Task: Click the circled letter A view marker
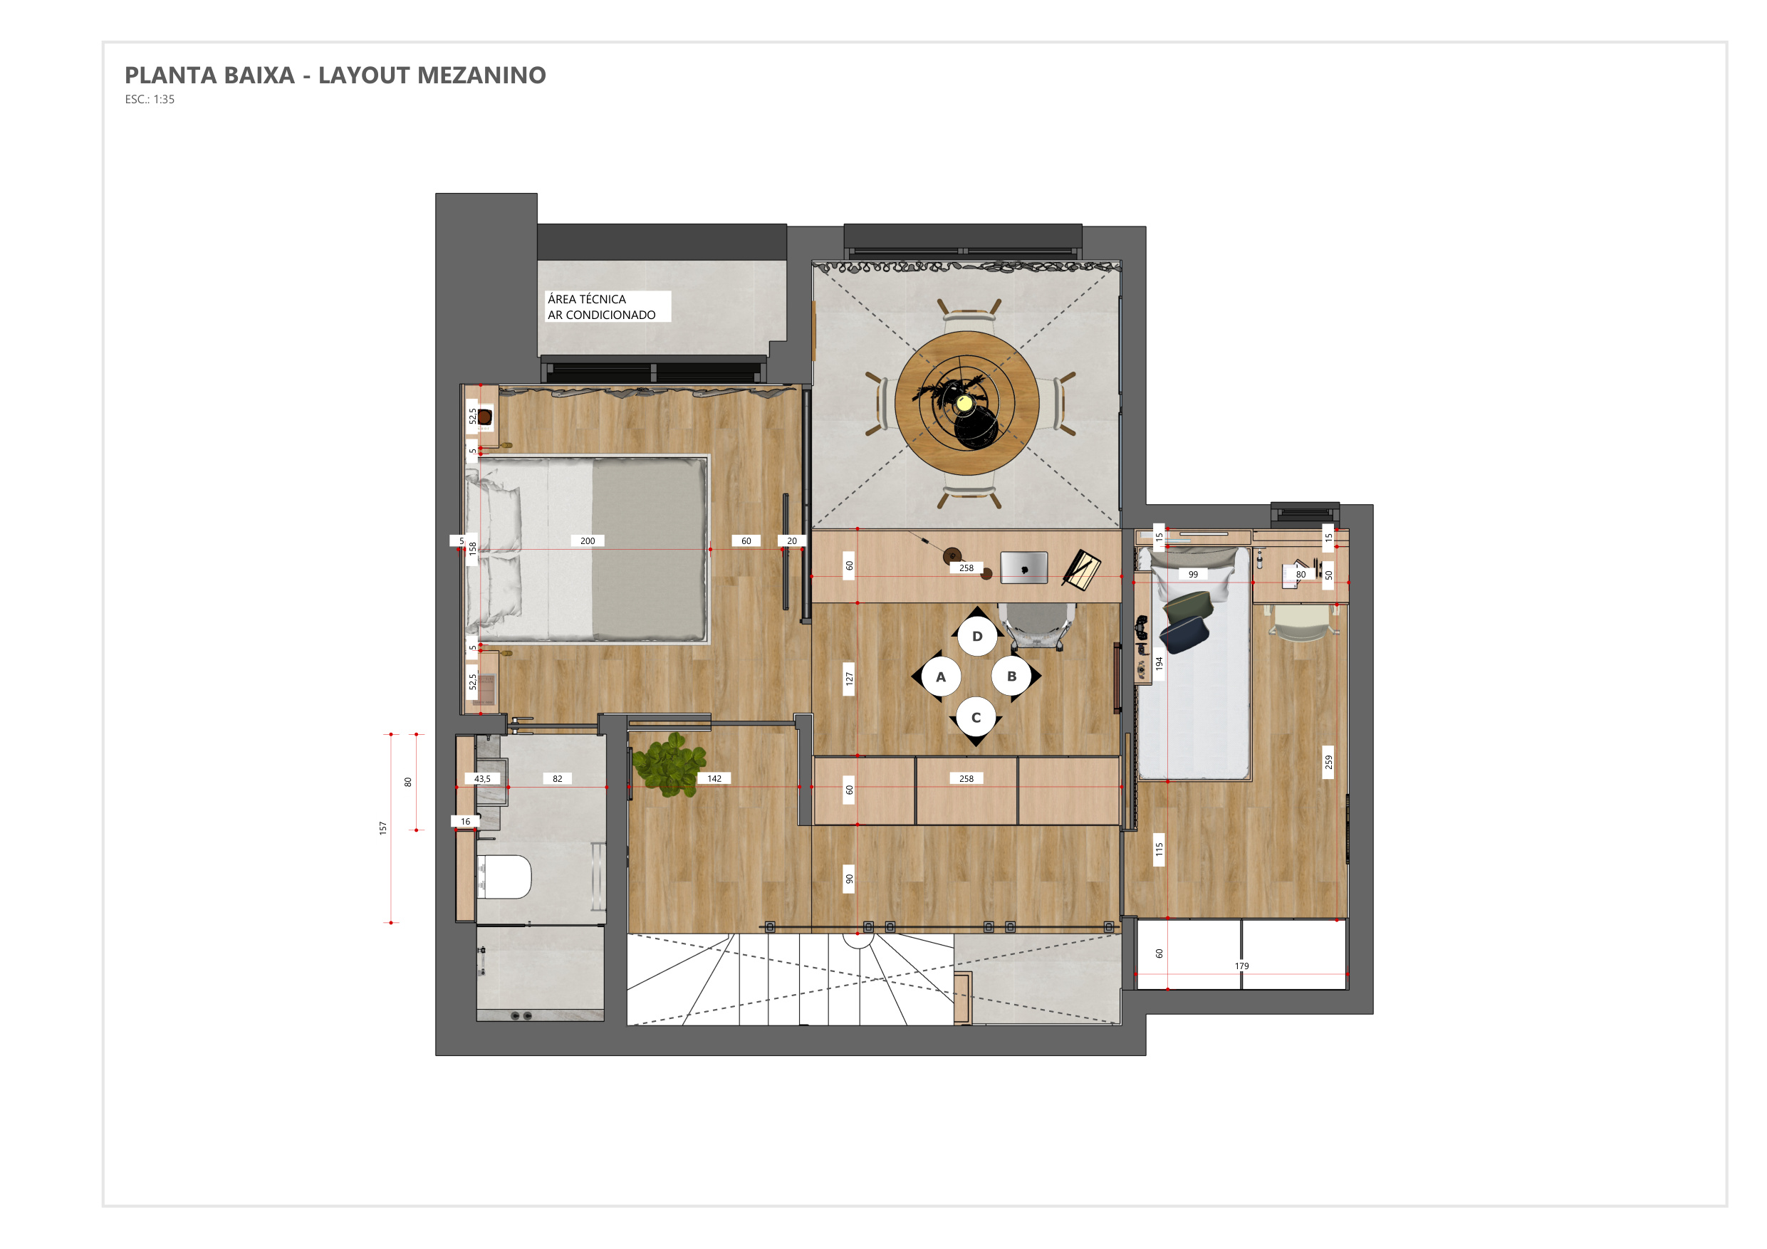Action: [939, 677]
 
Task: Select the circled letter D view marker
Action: [976, 636]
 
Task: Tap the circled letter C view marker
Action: [976, 718]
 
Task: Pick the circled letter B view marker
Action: [1012, 676]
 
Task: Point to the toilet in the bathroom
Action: [504, 877]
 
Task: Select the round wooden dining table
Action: [966, 402]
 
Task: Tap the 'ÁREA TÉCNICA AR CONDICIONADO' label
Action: [602, 307]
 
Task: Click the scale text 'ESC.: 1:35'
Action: [150, 99]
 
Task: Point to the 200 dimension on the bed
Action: [587, 541]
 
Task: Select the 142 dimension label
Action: [714, 779]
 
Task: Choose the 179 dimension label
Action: [1241, 966]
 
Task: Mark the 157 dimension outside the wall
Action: [382, 828]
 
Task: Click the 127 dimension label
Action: [849, 679]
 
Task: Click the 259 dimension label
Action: [1328, 762]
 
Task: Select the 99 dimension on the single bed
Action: [1193, 574]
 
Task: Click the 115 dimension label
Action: [1159, 849]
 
